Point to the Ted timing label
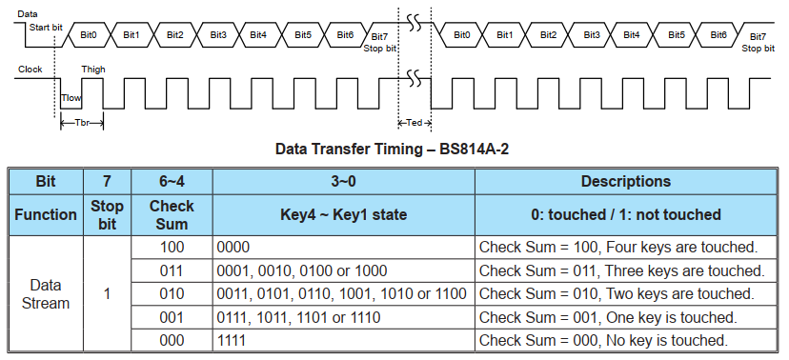click(414, 123)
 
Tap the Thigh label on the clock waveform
click(93, 70)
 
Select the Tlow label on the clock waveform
click(71, 98)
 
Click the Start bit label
click(46, 27)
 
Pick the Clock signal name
click(30, 70)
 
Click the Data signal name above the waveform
click(28, 13)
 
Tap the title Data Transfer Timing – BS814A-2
click(398, 150)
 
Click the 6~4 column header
click(172, 181)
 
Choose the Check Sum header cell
click(172, 214)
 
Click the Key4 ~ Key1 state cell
click(343, 214)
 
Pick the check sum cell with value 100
click(172, 248)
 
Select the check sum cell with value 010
click(172, 293)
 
